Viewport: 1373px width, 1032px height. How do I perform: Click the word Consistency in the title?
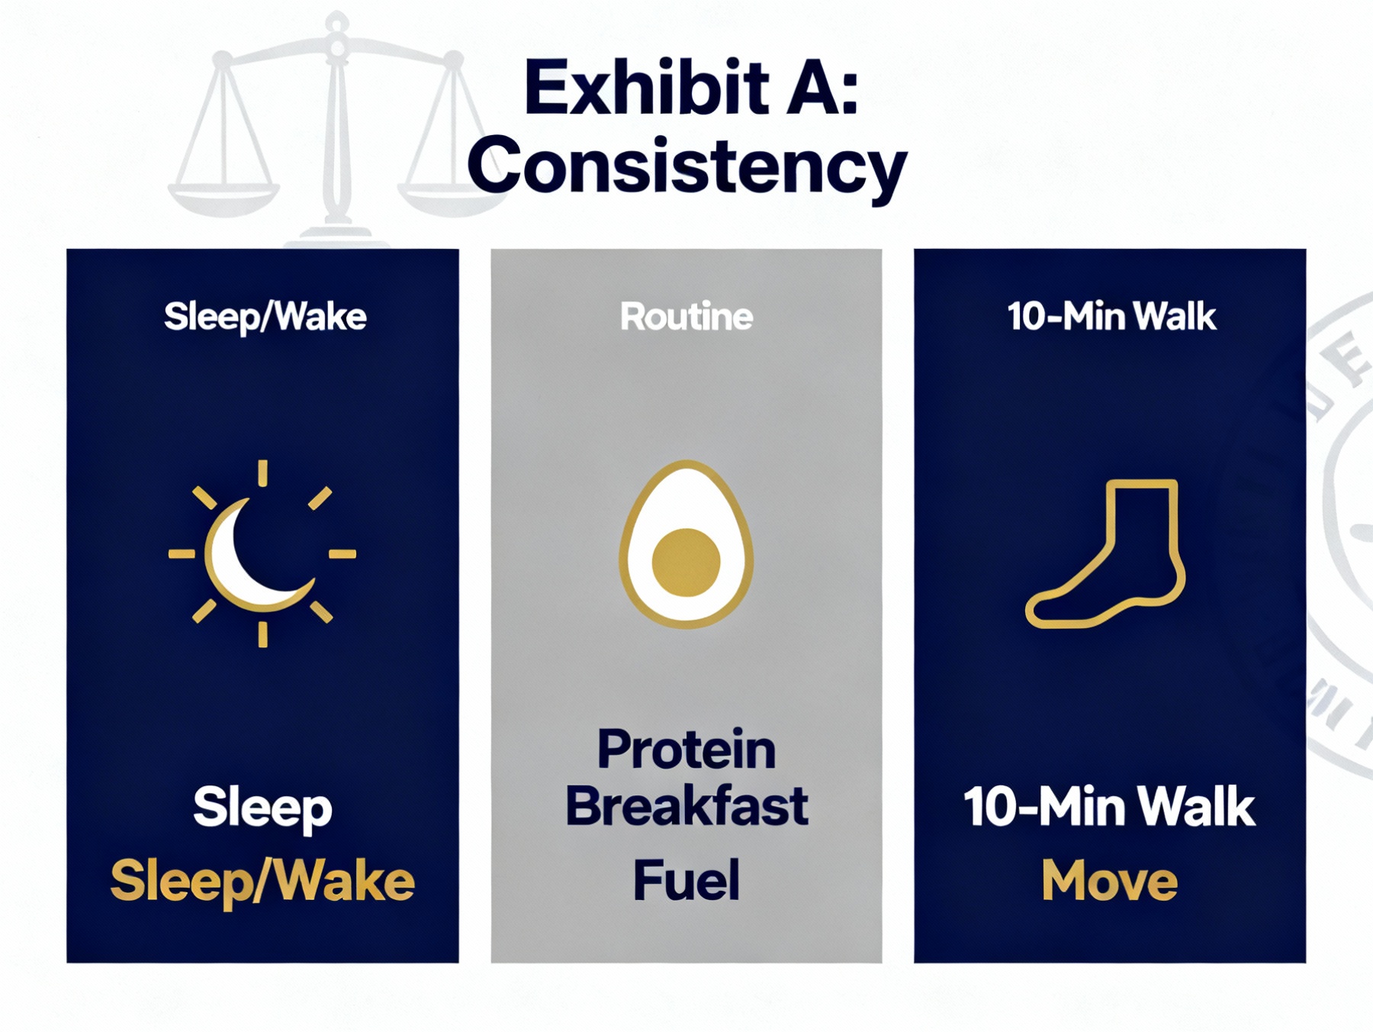point(687,167)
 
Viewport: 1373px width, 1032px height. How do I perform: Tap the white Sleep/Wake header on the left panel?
point(265,317)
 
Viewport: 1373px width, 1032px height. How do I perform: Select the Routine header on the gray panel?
point(686,316)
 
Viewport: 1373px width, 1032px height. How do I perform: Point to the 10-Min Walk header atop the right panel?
point(1111,316)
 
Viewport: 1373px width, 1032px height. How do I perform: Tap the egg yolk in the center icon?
point(686,562)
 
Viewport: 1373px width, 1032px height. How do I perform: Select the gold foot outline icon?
point(1105,553)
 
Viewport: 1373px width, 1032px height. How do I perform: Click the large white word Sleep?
point(262,808)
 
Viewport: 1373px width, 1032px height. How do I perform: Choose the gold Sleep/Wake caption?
point(262,882)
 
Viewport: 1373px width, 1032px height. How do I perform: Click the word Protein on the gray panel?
point(686,750)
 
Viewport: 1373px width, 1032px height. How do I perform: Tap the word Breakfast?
point(686,806)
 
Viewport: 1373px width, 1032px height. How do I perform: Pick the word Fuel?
point(686,880)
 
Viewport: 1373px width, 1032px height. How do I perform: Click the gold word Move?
point(1110,881)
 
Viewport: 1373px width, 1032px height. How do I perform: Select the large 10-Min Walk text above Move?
point(1109,807)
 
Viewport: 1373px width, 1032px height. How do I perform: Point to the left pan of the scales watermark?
point(223,197)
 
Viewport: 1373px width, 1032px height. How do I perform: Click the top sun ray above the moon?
point(262,472)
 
